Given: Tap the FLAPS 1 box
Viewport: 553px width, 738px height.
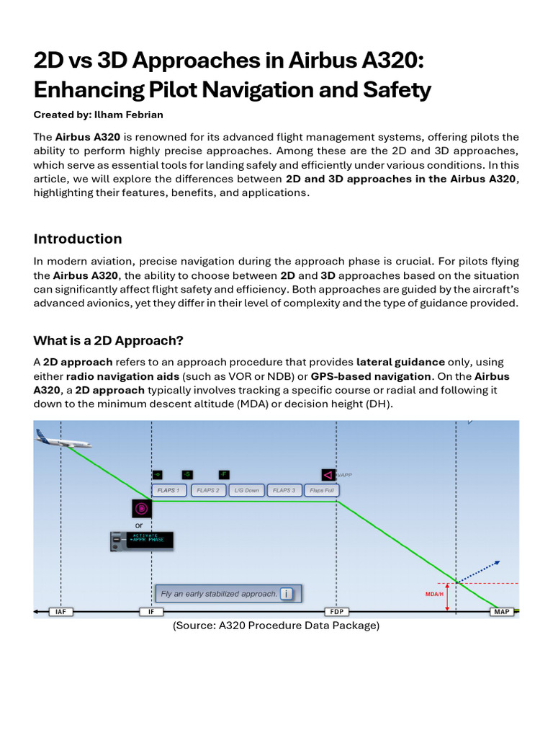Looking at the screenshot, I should point(168,491).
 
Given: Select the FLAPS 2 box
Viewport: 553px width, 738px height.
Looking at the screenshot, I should point(207,491).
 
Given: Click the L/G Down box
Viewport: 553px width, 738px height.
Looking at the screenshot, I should point(246,491).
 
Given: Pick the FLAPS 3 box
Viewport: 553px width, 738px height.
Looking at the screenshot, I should point(284,491).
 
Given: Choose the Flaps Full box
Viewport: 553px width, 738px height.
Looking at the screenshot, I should point(321,491).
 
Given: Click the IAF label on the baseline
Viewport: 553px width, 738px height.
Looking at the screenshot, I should point(60,612).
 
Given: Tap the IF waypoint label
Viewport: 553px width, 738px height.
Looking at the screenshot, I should point(151,612).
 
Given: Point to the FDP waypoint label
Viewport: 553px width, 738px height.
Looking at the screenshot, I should point(336,612).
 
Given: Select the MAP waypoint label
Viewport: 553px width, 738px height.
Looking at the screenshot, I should point(501,612).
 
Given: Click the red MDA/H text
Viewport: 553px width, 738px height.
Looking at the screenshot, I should point(434,595).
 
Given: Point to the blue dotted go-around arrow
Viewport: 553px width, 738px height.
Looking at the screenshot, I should point(479,571).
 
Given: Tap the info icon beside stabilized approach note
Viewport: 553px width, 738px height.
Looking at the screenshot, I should point(287,594).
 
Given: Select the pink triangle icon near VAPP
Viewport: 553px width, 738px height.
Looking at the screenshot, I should point(328,475).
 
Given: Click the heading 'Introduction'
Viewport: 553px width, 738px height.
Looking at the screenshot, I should point(78,239).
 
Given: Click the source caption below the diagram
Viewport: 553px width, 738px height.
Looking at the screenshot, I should point(276,626).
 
